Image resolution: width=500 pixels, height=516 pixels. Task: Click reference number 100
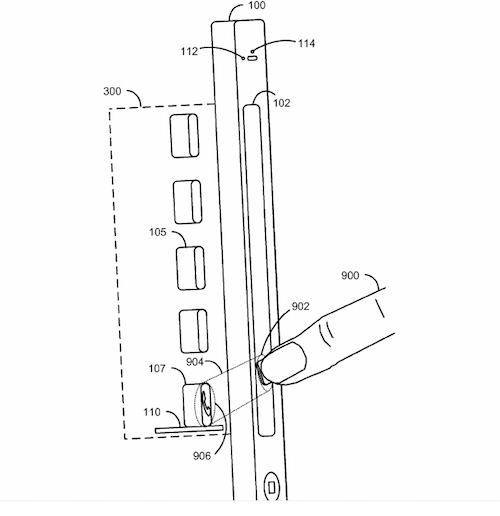point(257,5)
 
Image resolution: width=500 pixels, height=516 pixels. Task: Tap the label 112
point(189,51)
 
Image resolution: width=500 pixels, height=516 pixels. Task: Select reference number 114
point(306,43)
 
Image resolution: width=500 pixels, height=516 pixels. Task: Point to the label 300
point(112,91)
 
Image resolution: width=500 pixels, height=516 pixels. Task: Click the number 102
point(282,103)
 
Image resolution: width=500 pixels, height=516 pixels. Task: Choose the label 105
point(157,232)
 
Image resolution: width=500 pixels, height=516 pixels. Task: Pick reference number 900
point(350,275)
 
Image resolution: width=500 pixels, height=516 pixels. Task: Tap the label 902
point(300,306)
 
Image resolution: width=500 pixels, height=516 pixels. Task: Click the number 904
point(195,362)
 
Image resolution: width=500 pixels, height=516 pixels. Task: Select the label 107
point(157,368)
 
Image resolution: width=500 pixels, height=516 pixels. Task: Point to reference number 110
point(152,412)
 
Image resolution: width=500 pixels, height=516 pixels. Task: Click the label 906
point(202,456)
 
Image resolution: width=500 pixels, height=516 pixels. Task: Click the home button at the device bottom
point(271,487)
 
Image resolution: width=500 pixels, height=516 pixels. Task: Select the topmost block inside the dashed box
point(184,135)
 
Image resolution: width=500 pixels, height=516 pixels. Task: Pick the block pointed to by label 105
point(191,268)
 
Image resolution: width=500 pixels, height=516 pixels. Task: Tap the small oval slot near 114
point(253,59)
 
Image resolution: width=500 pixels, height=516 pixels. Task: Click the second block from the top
point(187,202)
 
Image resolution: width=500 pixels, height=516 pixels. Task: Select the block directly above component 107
point(194,331)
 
